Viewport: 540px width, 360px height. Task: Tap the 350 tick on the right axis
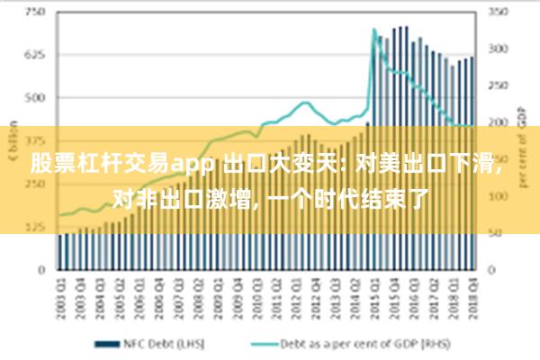point(498,13)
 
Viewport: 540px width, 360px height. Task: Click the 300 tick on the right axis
point(498,49)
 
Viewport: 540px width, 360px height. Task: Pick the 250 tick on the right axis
point(498,86)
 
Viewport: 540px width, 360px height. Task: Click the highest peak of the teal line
point(373,31)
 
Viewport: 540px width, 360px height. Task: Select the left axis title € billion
point(13,135)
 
